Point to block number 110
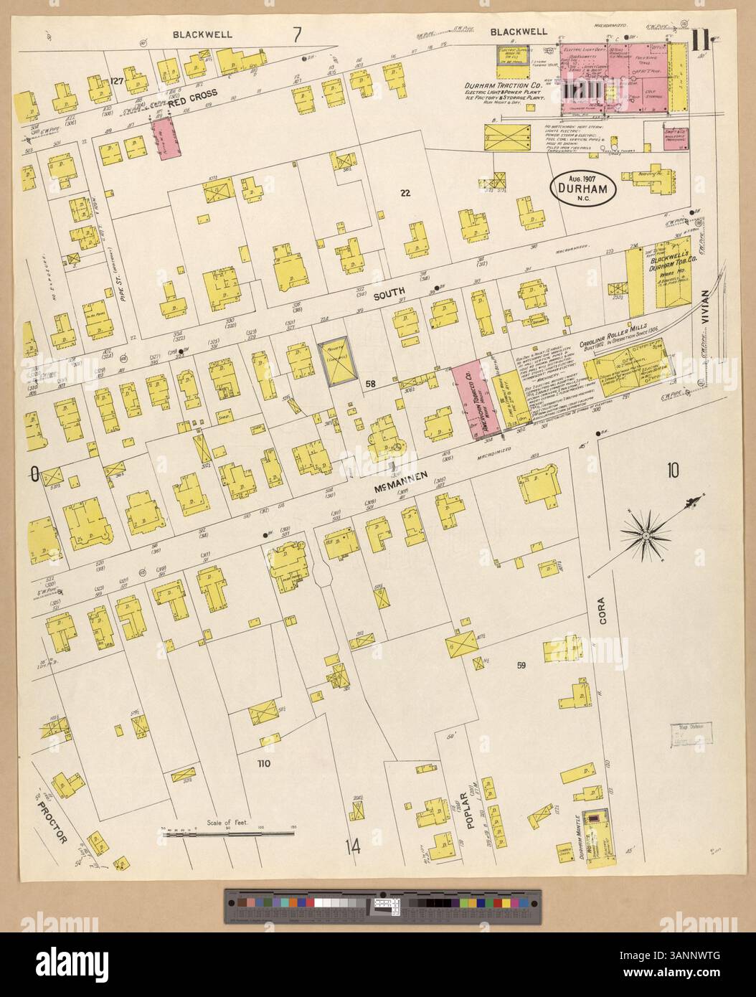pos(263,764)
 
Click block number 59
pos(521,665)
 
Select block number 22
pos(405,192)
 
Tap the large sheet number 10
pos(672,471)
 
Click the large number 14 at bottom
pos(351,847)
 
